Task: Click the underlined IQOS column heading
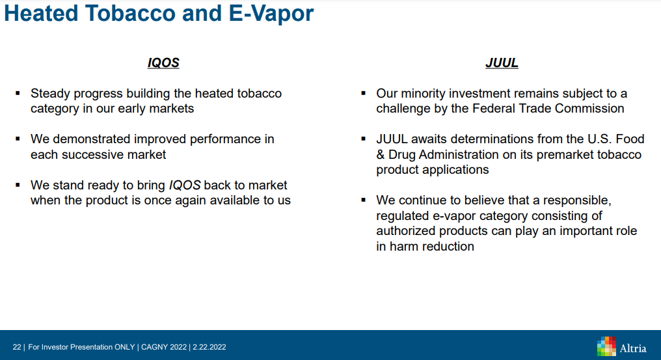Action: tap(163, 63)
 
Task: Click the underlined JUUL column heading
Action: tap(502, 63)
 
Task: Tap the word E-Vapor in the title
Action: tap(271, 13)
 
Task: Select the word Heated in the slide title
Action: tap(41, 13)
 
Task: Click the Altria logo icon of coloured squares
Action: tap(606, 346)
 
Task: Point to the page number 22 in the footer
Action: tap(17, 347)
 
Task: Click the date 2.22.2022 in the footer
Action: tap(209, 347)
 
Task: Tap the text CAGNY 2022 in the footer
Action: tap(163, 347)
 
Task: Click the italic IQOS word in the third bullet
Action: tap(185, 186)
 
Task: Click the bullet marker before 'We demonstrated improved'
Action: tap(18, 139)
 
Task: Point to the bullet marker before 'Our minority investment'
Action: tap(364, 93)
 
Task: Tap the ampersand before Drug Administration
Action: tap(380, 154)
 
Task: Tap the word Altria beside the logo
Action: tap(633, 348)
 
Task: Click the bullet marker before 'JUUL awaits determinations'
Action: tap(364, 139)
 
